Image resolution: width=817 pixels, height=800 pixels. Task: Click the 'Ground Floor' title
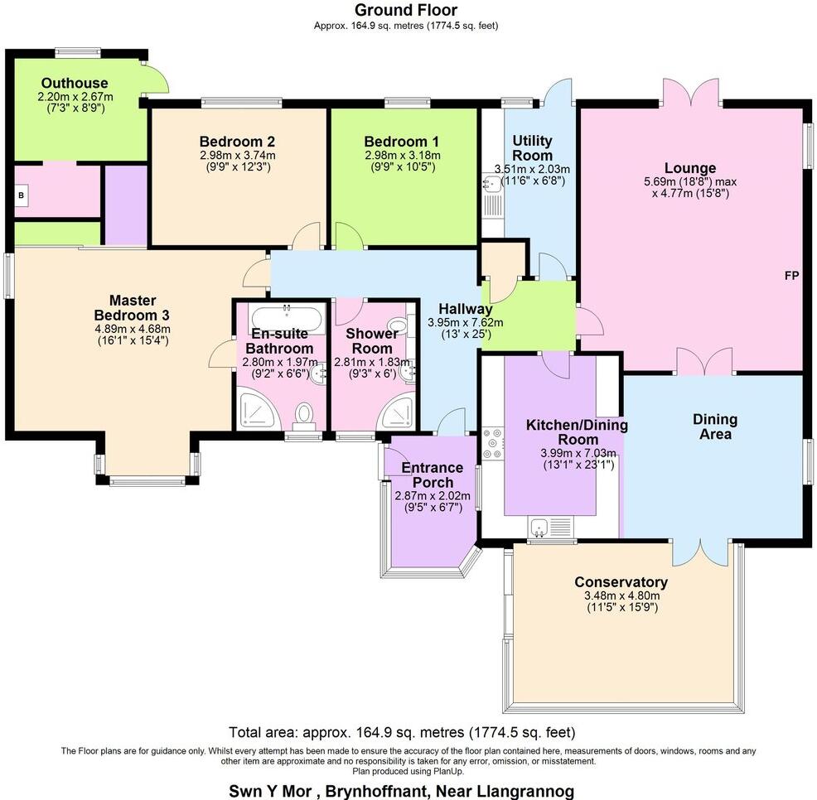click(405, 10)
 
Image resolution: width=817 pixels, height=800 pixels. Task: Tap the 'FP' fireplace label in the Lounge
click(791, 276)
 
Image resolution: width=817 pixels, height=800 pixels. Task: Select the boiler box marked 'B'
click(21, 196)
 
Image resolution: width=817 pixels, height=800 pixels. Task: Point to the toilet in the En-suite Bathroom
click(305, 414)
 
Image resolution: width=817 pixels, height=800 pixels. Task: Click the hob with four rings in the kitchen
click(490, 441)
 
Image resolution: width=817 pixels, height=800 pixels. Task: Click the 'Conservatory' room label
click(621, 582)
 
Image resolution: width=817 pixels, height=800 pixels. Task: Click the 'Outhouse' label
click(75, 83)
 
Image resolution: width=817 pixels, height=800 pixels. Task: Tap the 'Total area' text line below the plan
click(401, 732)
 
